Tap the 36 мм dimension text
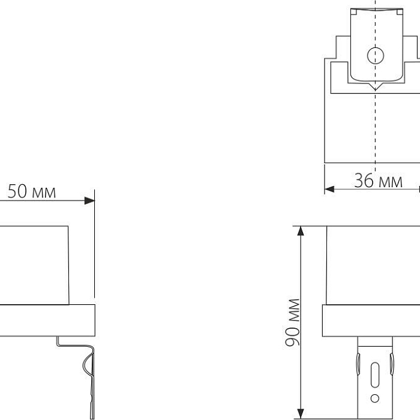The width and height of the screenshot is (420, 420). [378, 181]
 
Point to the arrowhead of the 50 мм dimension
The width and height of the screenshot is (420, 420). [89, 200]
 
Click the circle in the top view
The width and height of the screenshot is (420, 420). [376, 55]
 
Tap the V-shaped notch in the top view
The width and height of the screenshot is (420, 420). [376, 88]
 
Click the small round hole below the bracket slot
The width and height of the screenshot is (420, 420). [375, 398]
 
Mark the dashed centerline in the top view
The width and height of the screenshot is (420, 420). [376, 132]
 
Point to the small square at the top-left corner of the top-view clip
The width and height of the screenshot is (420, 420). [353, 12]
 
